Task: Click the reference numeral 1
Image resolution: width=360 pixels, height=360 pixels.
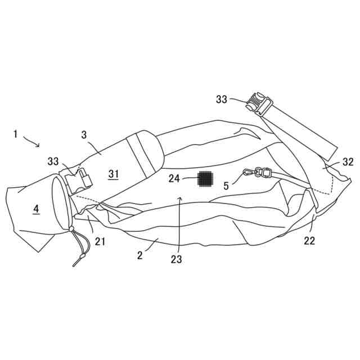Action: pos(16,134)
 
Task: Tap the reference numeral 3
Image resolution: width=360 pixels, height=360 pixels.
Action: pos(84,135)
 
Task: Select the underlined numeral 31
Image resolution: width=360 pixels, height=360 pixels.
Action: pos(114,174)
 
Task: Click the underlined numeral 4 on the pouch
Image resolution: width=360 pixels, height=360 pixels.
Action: pos(36,209)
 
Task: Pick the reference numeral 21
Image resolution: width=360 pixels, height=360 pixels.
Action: pos(100,241)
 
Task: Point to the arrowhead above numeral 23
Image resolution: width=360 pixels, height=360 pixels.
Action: pos(180,198)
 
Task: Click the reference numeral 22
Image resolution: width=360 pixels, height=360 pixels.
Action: pos(309,241)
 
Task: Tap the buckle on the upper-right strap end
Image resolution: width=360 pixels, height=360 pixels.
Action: pos(259,105)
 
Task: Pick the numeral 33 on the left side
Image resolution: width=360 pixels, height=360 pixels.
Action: pos(53,161)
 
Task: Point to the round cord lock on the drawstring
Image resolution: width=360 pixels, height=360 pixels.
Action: pos(71,229)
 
